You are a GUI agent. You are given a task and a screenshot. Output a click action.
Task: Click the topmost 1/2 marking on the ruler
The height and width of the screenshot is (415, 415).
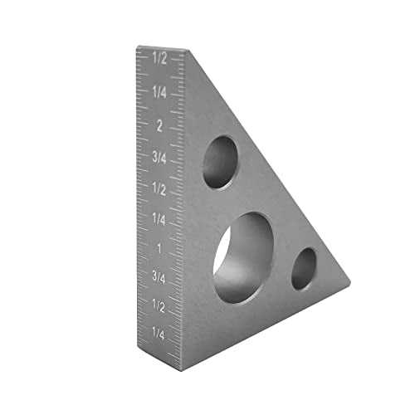(159, 60)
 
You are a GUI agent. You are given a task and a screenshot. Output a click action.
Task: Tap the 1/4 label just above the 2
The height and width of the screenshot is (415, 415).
(159, 92)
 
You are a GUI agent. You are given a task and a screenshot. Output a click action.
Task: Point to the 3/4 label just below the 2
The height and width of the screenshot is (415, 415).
(159, 156)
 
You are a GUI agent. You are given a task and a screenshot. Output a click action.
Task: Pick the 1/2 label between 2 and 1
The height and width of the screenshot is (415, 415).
(159, 188)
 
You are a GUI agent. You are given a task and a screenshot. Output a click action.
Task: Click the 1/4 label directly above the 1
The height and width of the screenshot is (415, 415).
(159, 218)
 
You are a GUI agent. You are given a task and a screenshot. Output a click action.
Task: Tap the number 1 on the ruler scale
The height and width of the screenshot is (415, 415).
(159, 248)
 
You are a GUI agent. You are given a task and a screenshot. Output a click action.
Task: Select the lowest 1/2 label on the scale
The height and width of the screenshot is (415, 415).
(159, 307)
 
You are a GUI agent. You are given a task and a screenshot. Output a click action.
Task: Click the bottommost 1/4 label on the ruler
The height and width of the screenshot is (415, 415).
(159, 334)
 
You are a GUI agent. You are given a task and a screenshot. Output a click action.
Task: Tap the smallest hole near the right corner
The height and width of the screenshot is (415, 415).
(304, 269)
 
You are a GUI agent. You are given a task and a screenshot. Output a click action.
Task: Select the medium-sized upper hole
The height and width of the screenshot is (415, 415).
(219, 162)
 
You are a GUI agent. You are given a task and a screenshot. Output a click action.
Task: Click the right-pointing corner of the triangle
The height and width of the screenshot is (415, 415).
(349, 284)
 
